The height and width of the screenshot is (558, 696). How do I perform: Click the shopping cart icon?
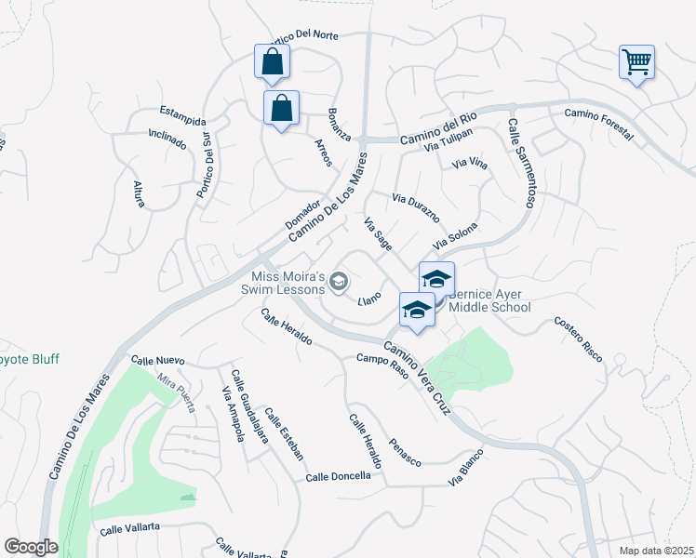(x=637, y=62)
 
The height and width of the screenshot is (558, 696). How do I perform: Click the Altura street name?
(x=139, y=194)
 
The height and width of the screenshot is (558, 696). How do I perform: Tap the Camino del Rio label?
(x=438, y=127)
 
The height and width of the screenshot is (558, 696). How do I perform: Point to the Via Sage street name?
(x=377, y=233)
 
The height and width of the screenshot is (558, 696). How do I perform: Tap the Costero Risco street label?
(x=579, y=339)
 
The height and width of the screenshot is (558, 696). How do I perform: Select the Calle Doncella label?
(x=339, y=476)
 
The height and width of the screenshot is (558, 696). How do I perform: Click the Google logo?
(x=31, y=547)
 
